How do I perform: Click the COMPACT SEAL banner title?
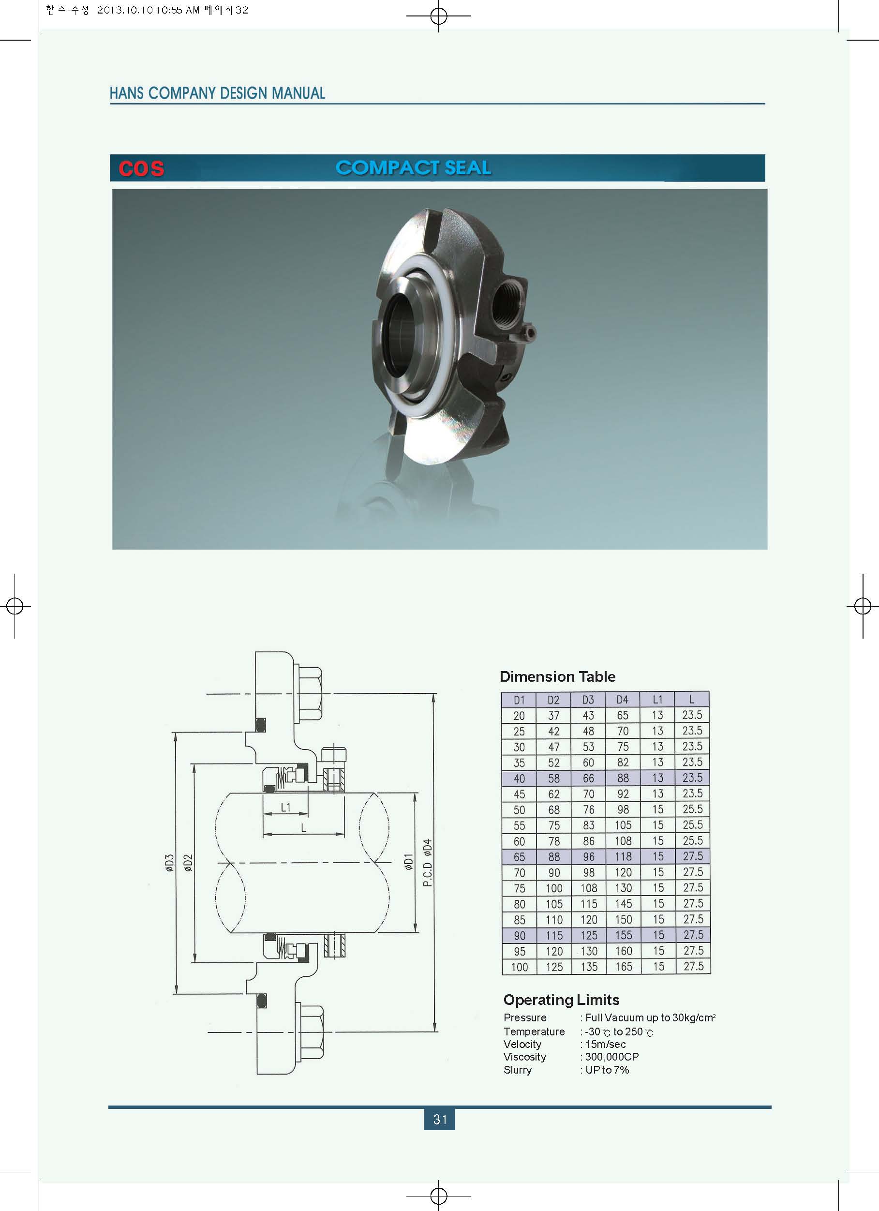[x=413, y=168]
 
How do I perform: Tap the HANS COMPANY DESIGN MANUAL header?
[x=217, y=93]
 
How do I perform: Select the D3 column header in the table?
[x=588, y=700]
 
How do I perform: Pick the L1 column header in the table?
[x=657, y=700]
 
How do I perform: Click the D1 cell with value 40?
[x=519, y=778]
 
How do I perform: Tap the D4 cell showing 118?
[x=623, y=857]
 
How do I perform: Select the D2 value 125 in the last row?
[x=554, y=967]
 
